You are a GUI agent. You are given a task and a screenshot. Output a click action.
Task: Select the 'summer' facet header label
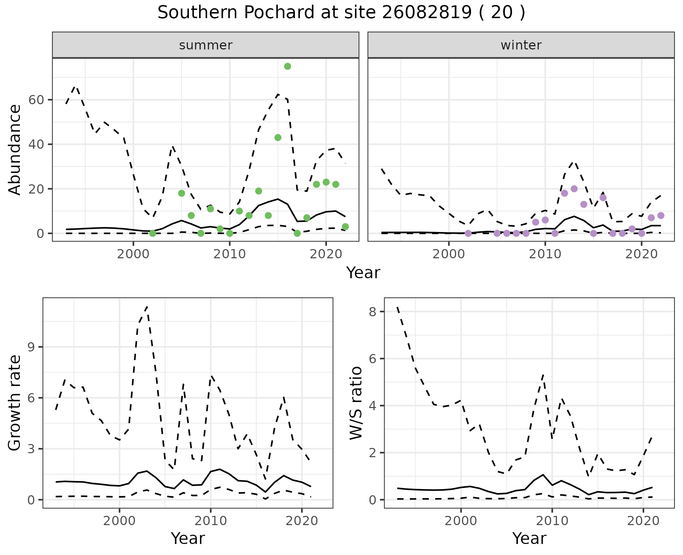206,45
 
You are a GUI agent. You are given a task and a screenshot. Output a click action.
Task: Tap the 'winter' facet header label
521,45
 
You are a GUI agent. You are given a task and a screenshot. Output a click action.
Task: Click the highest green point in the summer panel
287,66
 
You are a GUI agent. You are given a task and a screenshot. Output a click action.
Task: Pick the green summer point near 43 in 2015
278,138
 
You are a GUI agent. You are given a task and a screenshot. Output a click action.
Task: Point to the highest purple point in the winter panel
574,189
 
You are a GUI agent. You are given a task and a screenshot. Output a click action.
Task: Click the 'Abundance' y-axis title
15,149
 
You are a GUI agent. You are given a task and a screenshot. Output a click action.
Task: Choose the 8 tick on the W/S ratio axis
373,312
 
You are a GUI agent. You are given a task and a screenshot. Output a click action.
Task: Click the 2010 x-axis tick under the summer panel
229,254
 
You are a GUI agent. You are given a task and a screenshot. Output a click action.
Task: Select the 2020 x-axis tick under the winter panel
641,254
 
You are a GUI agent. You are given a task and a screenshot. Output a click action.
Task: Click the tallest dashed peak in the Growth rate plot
147,307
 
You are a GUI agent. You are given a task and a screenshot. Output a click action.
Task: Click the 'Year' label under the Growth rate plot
188,539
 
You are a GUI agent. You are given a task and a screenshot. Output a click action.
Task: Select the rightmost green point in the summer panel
345,227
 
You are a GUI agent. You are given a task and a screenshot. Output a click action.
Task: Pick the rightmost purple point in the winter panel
661,216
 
